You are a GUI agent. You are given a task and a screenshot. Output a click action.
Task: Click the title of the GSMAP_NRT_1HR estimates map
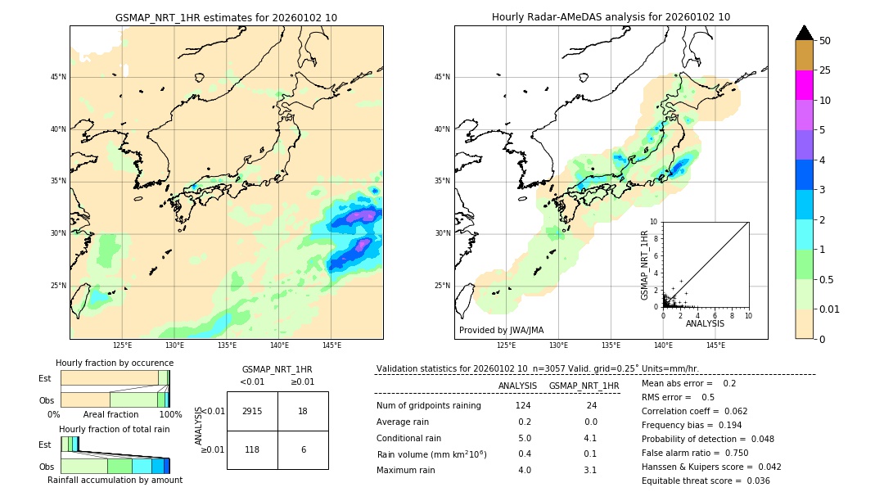click(226, 17)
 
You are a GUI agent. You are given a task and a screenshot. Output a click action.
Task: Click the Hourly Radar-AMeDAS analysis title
click(611, 17)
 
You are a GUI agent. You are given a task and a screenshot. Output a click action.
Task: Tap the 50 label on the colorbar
click(825, 41)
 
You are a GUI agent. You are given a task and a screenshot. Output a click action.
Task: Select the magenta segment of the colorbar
click(804, 85)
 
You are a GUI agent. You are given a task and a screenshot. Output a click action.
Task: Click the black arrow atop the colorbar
click(804, 33)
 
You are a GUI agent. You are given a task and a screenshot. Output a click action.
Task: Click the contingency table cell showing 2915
click(252, 411)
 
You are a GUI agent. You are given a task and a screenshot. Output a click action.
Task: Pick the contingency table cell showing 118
click(252, 449)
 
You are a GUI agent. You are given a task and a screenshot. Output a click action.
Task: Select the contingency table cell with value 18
click(303, 411)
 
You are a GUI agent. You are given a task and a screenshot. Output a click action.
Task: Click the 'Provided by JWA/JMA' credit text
click(501, 330)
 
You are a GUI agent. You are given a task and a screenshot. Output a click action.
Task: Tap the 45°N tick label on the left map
click(58, 77)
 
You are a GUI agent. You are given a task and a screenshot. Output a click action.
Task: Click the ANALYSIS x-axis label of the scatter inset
click(705, 323)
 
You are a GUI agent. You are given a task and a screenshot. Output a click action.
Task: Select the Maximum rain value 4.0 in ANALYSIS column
click(524, 470)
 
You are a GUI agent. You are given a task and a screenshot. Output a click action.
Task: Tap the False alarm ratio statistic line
click(693, 452)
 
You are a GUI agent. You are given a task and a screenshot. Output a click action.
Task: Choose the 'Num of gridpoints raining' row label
click(429, 405)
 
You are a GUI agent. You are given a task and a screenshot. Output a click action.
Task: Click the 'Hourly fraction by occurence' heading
click(115, 363)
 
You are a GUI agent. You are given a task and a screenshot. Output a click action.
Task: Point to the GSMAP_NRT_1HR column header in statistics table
click(584, 386)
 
